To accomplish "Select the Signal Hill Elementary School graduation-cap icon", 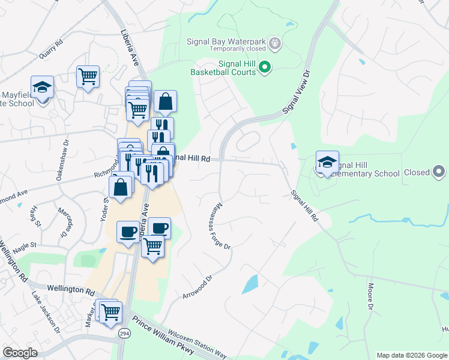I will click(327, 162).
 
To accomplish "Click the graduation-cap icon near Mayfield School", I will click(42, 87).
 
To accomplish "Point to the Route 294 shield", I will click(123, 334).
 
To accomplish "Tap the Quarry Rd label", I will click(51, 50).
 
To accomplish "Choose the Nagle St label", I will click(25, 245).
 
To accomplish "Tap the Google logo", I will click(20, 353).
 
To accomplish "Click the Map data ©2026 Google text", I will click(412, 355).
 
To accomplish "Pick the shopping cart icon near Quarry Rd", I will click(88, 76).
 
